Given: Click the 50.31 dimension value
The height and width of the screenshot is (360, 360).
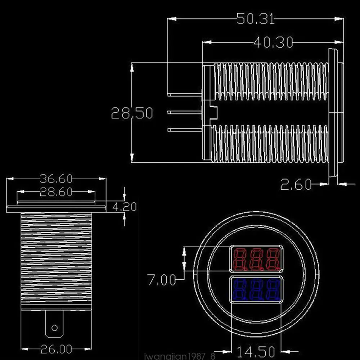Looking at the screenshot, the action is pos(256,19).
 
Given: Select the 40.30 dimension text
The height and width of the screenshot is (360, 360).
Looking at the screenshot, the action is pos(273,42).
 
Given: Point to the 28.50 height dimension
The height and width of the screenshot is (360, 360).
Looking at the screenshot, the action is pos(132,113).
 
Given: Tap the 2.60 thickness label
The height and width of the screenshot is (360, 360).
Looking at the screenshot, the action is pos(296,184).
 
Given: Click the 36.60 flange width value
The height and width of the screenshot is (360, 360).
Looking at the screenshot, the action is pos(56,179).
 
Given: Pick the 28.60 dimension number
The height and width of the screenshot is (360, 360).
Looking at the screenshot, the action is pos(56,192).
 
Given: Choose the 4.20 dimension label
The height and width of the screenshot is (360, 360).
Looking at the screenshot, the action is pos(125,207).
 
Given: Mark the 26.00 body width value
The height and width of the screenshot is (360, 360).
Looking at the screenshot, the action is pos(56,349).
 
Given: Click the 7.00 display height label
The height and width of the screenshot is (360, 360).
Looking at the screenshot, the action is pos(161,280).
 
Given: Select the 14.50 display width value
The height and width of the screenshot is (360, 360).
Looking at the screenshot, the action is pos(256,351).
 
